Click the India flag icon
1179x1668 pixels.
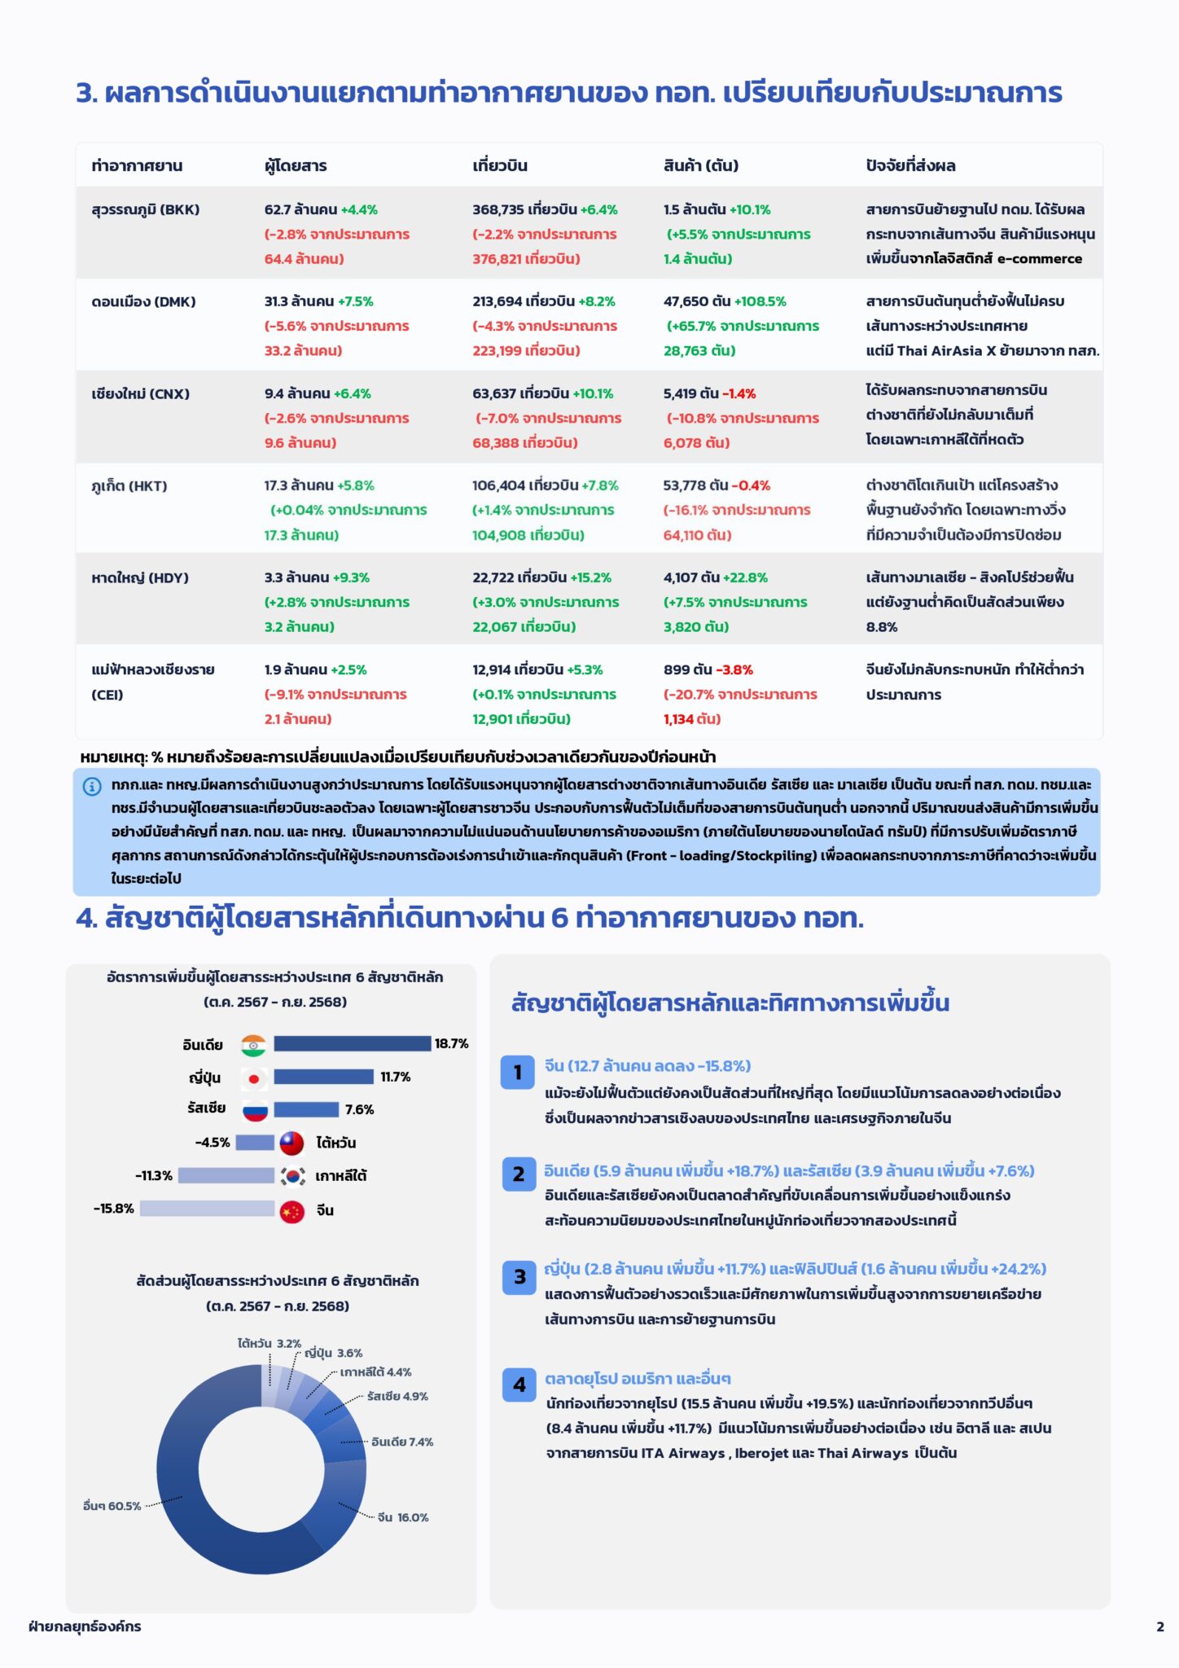pos(254,1045)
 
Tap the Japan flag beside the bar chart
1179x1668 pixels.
pos(254,1078)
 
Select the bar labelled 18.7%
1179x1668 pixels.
pos(352,1043)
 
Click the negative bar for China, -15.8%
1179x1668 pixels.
pos(207,1209)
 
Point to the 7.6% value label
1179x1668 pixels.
pos(359,1109)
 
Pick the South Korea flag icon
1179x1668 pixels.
pos(292,1176)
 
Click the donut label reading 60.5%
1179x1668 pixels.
pos(112,1506)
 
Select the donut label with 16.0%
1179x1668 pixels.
pos(403,1517)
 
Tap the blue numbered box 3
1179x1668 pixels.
pos(519,1277)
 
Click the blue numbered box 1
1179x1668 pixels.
pos(517,1073)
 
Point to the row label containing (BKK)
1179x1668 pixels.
pos(145,209)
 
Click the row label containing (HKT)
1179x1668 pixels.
pos(129,486)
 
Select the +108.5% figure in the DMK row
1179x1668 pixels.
pos(760,301)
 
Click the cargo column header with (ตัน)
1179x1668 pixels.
pos(700,165)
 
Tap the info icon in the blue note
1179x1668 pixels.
pos(92,786)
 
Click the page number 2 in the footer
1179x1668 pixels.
pos(1159,1626)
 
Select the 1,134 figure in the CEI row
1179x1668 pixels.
pos(678,719)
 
